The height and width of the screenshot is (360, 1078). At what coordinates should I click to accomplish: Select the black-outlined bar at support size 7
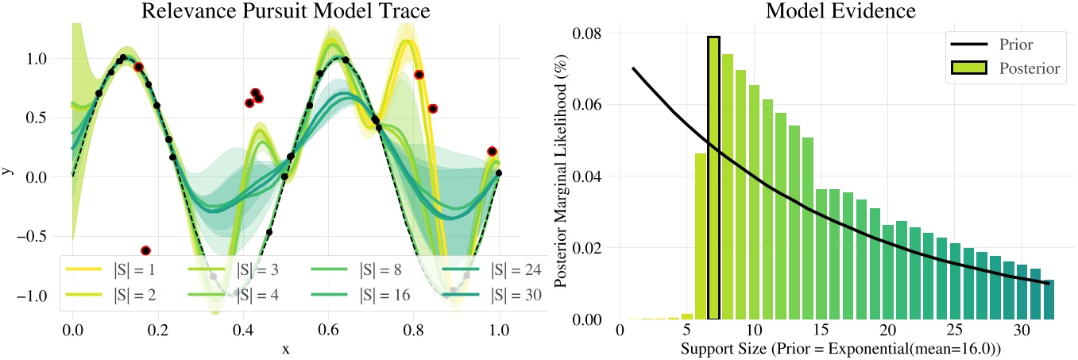pos(713,177)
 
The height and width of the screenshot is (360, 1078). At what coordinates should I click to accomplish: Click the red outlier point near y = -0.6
pos(145,251)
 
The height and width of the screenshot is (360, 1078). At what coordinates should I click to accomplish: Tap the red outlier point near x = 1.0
pos(493,151)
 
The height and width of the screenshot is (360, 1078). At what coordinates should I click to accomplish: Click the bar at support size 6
pos(700,236)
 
